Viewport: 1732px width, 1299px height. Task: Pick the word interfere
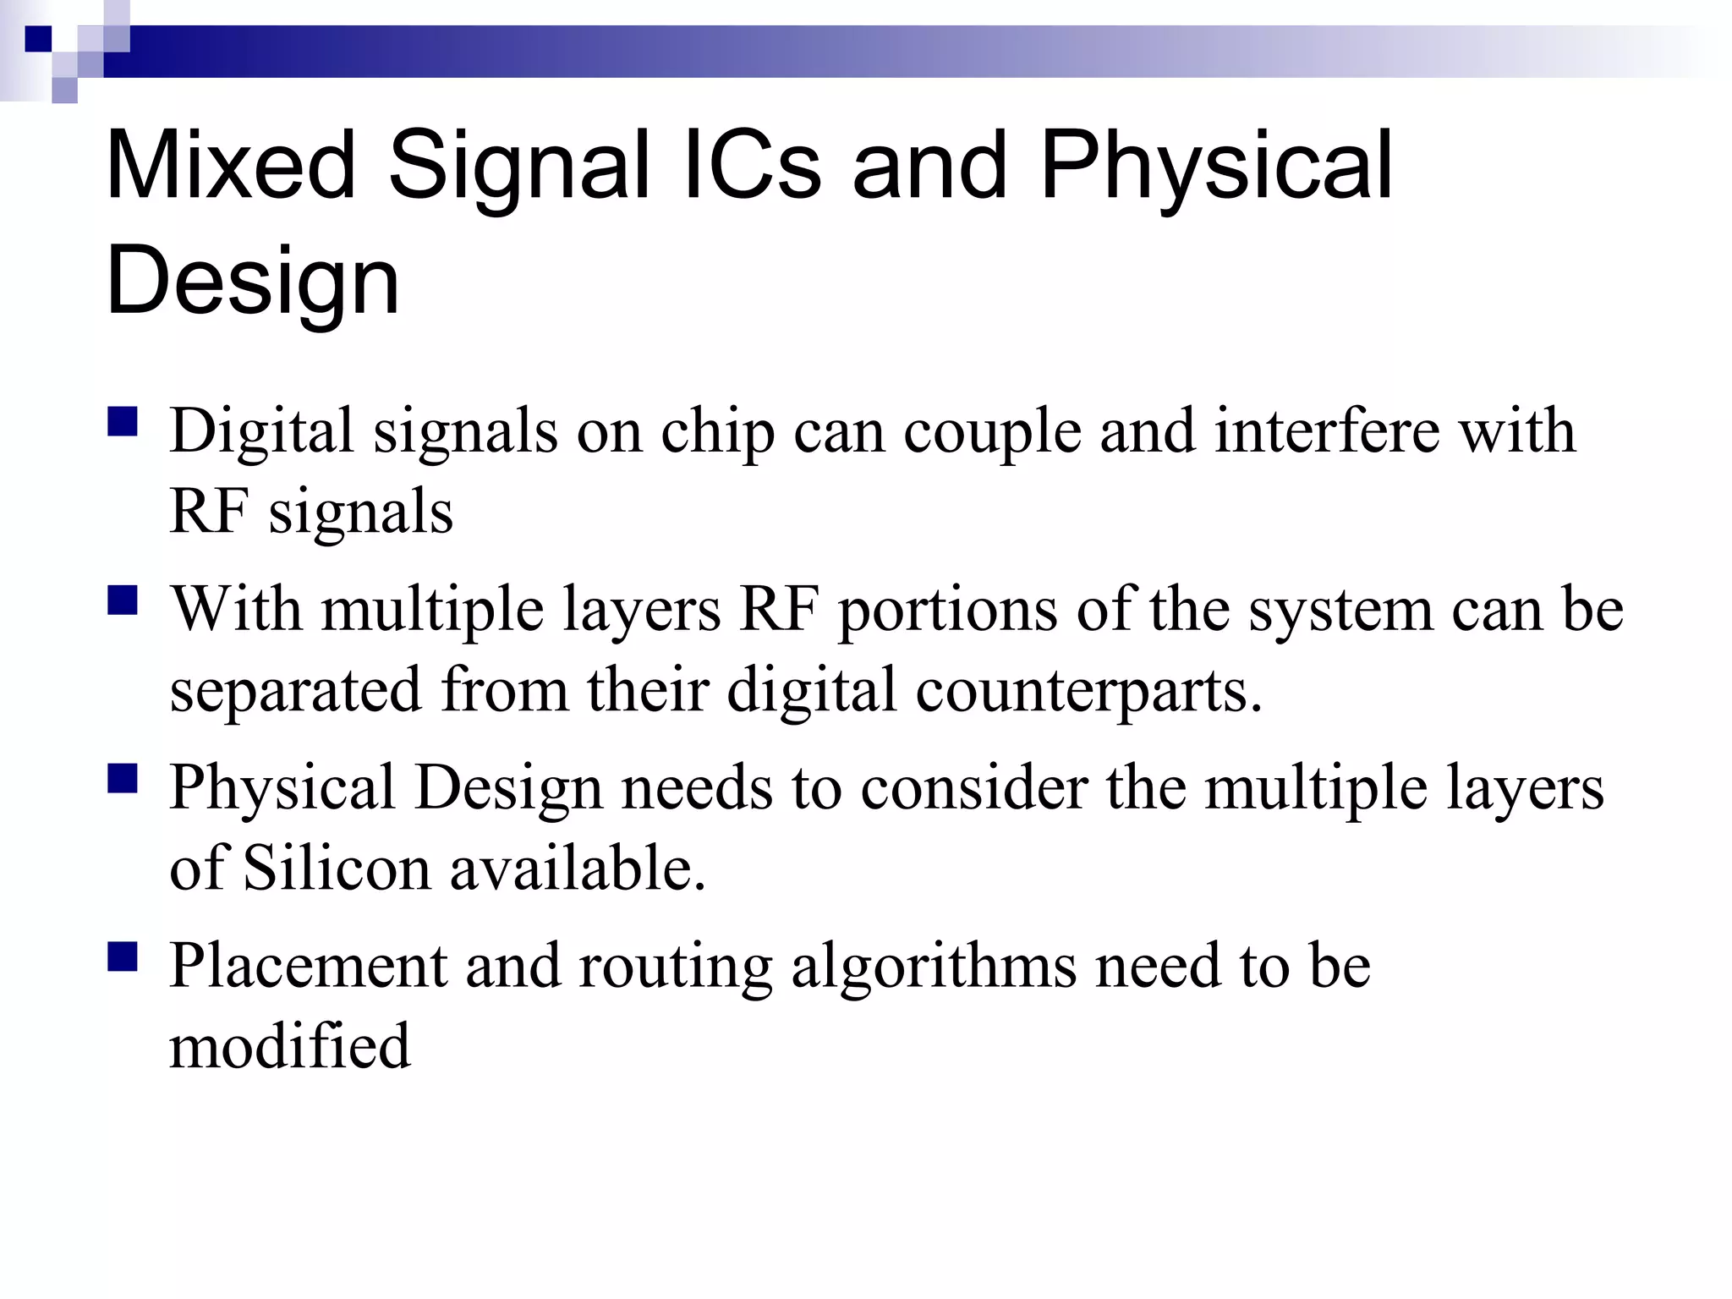(x=1327, y=431)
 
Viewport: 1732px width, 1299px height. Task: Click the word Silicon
(x=337, y=869)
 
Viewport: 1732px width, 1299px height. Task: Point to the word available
(x=577, y=869)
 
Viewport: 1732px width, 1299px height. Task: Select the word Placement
(x=308, y=966)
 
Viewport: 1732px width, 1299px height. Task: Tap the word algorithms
(x=934, y=967)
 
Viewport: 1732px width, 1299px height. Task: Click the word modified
(x=290, y=1046)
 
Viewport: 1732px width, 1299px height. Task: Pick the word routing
(x=675, y=967)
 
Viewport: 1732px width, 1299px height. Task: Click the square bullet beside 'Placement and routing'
(x=123, y=958)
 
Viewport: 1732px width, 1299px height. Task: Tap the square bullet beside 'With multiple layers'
(x=123, y=601)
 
